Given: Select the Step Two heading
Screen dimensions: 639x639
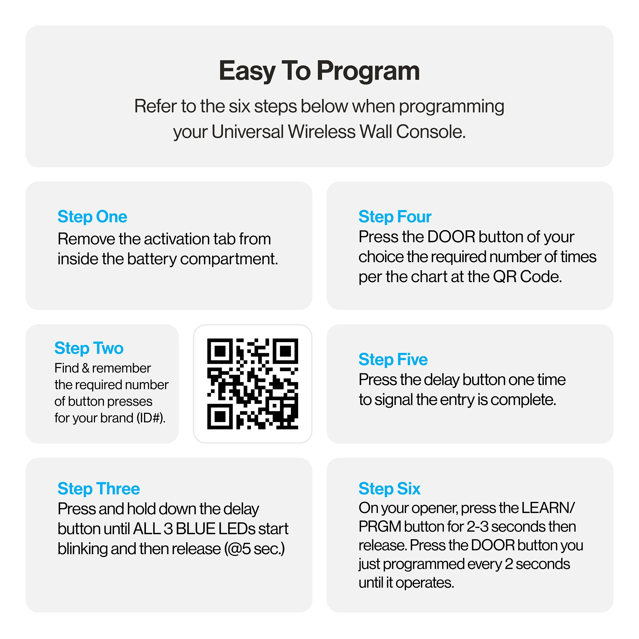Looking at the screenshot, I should pyautogui.click(x=89, y=348).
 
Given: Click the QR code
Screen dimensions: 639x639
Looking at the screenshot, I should pyautogui.click(x=253, y=384).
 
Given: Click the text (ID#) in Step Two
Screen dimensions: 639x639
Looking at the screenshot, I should pyautogui.click(x=151, y=418).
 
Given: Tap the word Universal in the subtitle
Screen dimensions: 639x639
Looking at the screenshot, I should pyautogui.click(x=247, y=132).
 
